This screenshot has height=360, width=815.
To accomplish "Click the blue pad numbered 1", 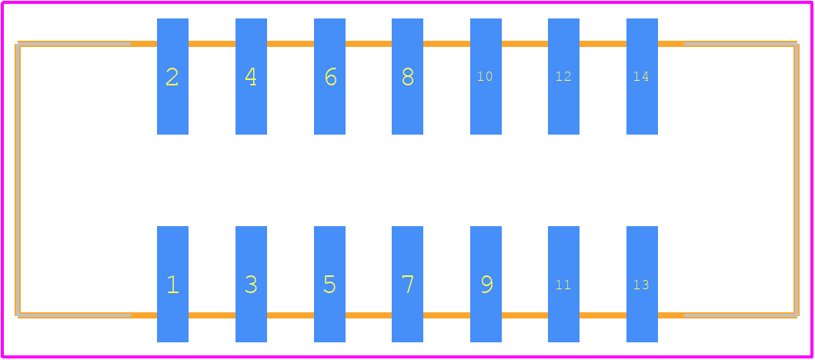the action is pyautogui.click(x=172, y=284).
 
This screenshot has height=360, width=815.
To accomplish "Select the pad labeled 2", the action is pyautogui.click(x=172, y=76).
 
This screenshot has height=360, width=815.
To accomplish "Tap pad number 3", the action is pyautogui.click(x=251, y=284).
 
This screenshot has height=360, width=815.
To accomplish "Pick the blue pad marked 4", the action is pyautogui.click(x=251, y=76).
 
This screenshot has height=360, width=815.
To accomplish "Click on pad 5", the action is pyautogui.click(x=329, y=284).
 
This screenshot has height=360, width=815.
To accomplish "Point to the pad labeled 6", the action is pyautogui.click(x=329, y=76).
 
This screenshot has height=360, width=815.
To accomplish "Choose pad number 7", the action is pyautogui.click(x=408, y=284).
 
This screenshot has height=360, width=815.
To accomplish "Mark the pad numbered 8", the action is pyautogui.click(x=408, y=76).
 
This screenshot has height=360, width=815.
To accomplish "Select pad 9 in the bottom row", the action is pyautogui.click(x=486, y=284).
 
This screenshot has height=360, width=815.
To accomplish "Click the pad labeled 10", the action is pyautogui.click(x=486, y=76).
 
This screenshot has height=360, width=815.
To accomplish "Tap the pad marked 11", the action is pyautogui.click(x=564, y=284).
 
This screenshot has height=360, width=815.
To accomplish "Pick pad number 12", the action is pyautogui.click(x=564, y=76).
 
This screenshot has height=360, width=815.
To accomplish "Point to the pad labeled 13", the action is pyautogui.click(x=643, y=284).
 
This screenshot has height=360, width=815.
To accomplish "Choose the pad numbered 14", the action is pyautogui.click(x=643, y=76).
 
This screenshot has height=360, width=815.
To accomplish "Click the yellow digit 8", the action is pyautogui.click(x=408, y=77).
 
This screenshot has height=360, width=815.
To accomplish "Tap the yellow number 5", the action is pyautogui.click(x=329, y=285).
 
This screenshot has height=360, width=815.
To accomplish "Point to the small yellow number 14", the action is pyautogui.click(x=641, y=76).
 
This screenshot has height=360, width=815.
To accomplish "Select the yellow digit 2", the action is pyautogui.click(x=172, y=77).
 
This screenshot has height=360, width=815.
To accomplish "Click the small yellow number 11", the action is pyautogui.click(x=563, y=285).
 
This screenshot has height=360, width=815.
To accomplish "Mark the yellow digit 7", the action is pyautogui.click(x=408, y=285).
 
